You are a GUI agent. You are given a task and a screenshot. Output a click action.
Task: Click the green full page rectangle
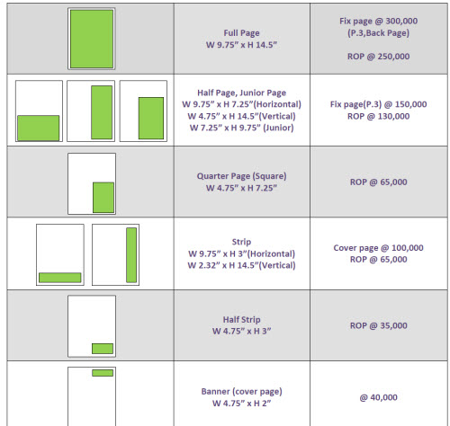[x=92, y=39]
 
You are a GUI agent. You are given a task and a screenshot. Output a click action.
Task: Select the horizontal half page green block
[x=39, y=128]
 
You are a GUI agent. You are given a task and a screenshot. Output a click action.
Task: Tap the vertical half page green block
[x=102, y=112]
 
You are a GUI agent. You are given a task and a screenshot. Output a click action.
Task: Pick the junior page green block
[x=151, y=118]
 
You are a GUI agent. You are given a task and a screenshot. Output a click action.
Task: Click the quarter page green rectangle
[x=103, y=198]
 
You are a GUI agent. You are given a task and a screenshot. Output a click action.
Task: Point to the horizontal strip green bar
[x=60, y=278]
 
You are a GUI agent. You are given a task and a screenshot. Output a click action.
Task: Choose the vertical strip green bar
[x=131, y=255]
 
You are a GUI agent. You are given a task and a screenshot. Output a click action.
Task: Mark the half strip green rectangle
[x=103, y=349]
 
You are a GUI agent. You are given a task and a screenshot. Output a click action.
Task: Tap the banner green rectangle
[x=103, y=373]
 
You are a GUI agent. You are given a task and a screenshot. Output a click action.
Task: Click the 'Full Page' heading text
[x=241, y=33]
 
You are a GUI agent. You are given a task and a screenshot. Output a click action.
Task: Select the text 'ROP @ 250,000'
[x=379, y=57]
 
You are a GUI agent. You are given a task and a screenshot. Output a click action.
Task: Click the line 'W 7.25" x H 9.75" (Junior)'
[x=241, y=128]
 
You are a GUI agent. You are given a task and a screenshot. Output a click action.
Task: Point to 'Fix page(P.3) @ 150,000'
[x=379, y=104]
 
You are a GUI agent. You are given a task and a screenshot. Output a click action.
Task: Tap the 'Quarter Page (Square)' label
[x=241, y=176]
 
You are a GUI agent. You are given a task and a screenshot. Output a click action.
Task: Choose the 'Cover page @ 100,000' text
[x=379, y=248]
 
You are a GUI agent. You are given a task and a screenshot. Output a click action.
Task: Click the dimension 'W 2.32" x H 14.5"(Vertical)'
[x=241, y=265]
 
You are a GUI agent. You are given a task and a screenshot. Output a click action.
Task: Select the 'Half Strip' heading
[x=241, y=320]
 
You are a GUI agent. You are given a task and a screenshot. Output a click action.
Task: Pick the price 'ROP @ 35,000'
[x=379, y=325]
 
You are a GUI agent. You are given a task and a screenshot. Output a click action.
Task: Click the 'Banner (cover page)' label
[x=241, y=392]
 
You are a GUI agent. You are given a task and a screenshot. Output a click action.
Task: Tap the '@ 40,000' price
[x=379, y=397]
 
